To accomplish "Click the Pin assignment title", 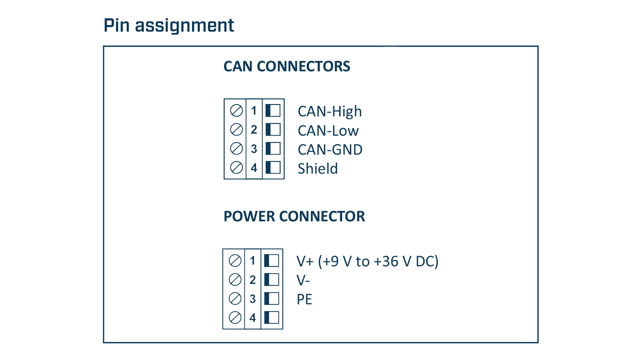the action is (x=169, y=25).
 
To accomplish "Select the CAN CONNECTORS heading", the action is (x=287, y=66).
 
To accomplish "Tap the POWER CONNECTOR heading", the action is (x=294, y=216).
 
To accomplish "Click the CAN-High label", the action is (x=330, y=112).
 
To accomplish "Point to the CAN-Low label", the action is (x=328, y=131).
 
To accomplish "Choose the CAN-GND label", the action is (x=330, y=150).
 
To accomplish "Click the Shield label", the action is (x=318, y=169).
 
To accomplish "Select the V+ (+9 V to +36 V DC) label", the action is (x=367, y=262).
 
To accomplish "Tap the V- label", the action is (x=303, y=281).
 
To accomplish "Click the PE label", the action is (x=304, y=299).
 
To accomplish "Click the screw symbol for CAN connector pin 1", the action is (x=236, y=111).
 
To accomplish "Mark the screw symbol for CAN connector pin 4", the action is (x=236, y=168).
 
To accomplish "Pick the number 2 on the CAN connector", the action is (x=254, y=130).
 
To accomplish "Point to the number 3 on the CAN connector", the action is (x=254, y=149).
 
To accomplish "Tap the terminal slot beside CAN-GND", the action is (x=273, y=149).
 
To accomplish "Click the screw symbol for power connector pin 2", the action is (x=235, y=280).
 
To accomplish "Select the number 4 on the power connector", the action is (x=253, y=318).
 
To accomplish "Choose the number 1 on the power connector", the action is (x=253, y=261).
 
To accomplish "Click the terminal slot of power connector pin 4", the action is (x=272, y=318).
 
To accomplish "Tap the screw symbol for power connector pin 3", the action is (x=235, y=299).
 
